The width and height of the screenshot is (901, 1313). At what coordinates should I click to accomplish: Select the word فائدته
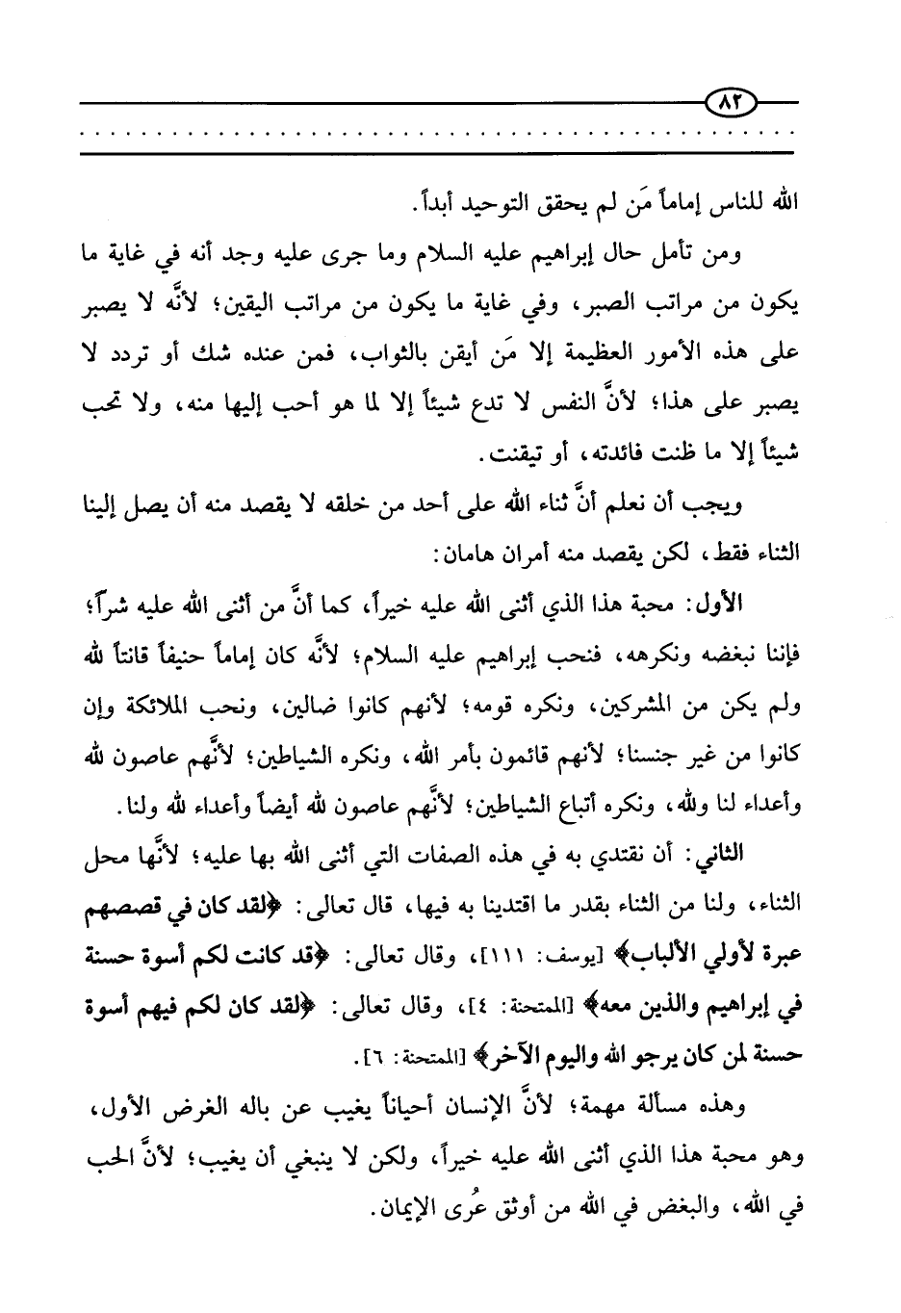[x=574, y=452]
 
